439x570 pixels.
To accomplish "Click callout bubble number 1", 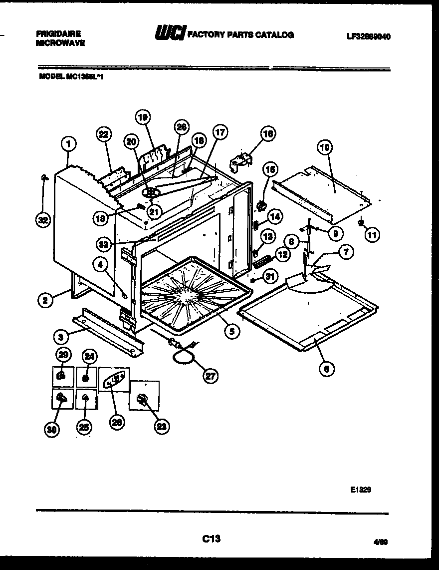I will (x=68, y=144).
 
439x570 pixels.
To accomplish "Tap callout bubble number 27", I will (x=211, y=375).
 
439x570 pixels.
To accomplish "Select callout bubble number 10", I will (x=324, y=147).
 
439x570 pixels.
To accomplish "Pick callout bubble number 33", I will (x=103, y=244).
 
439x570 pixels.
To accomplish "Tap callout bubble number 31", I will (x=270, y=276).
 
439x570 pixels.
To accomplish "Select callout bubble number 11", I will (x=372, y=234).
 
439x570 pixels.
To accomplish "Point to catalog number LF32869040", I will (x=368, y=36).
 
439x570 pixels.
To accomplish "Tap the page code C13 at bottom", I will (x=212, y=539).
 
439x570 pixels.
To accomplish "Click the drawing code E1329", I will (x=360, y=490).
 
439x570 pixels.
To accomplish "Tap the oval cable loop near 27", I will (x=182, y=356).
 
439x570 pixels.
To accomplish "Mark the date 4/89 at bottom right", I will (x=380, y=541).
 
